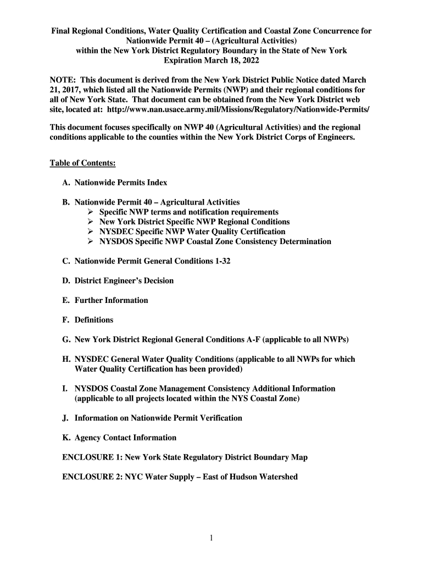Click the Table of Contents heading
(83, 163)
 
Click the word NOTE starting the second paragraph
(63, 80)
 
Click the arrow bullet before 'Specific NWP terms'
(91, 212)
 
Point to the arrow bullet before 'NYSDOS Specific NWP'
(91, 241)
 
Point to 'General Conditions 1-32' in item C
(189, 261)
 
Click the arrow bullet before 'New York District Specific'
(91, 222)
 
